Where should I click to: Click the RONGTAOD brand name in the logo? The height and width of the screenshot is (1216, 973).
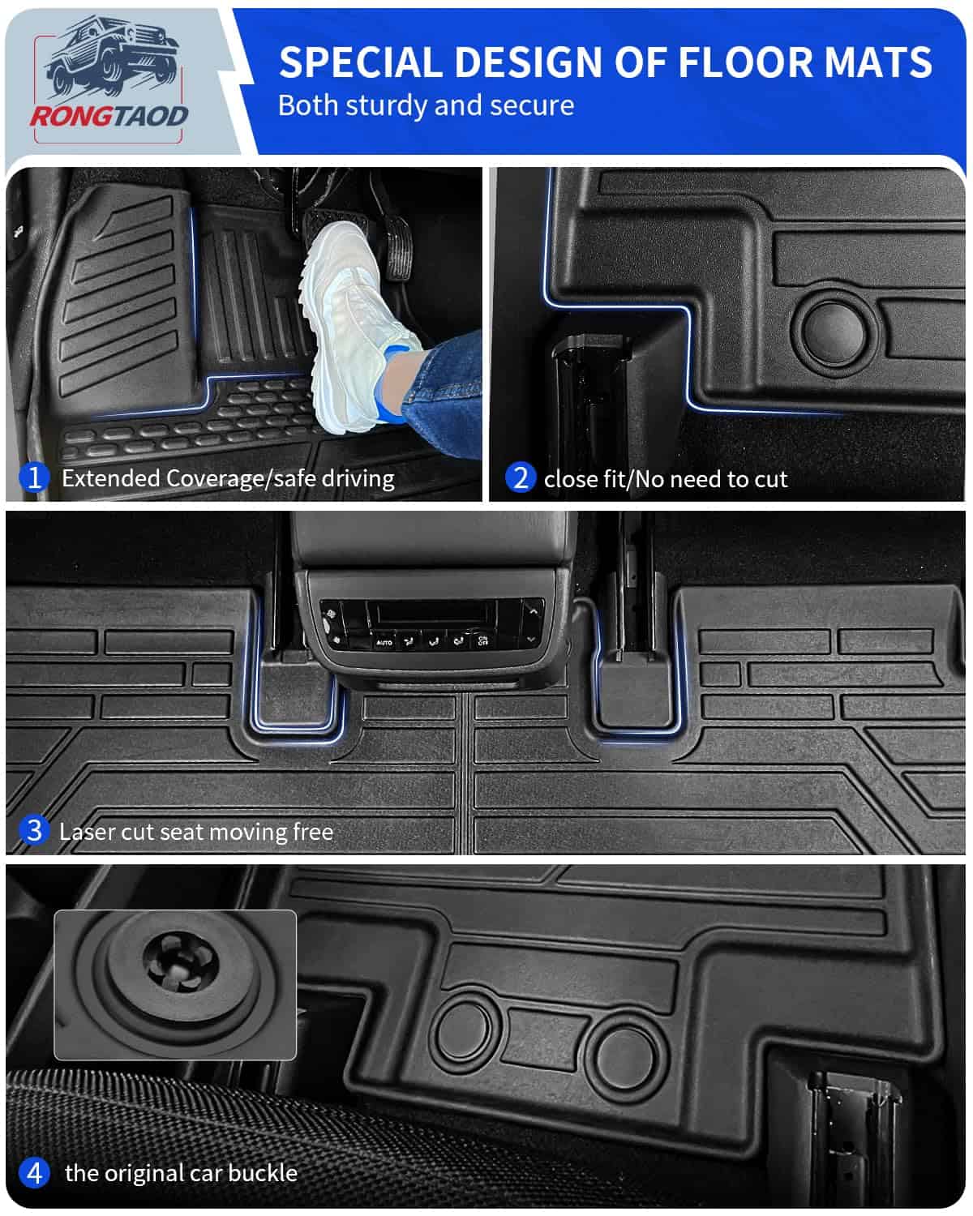[109, 117]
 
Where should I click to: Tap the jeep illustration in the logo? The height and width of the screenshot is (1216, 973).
[113, 57]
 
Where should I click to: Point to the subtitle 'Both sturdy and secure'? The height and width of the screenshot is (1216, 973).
[426, 105]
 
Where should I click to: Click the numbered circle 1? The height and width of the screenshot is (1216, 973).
[34, 477]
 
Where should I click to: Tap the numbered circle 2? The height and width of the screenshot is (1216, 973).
[520, 477]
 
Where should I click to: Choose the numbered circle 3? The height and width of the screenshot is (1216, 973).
[34, 831]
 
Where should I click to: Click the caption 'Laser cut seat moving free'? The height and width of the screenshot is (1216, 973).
[196, 832]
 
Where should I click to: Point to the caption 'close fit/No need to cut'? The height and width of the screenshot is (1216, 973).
[666, 479]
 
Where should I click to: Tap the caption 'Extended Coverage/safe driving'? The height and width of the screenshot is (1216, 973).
[228, 478]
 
